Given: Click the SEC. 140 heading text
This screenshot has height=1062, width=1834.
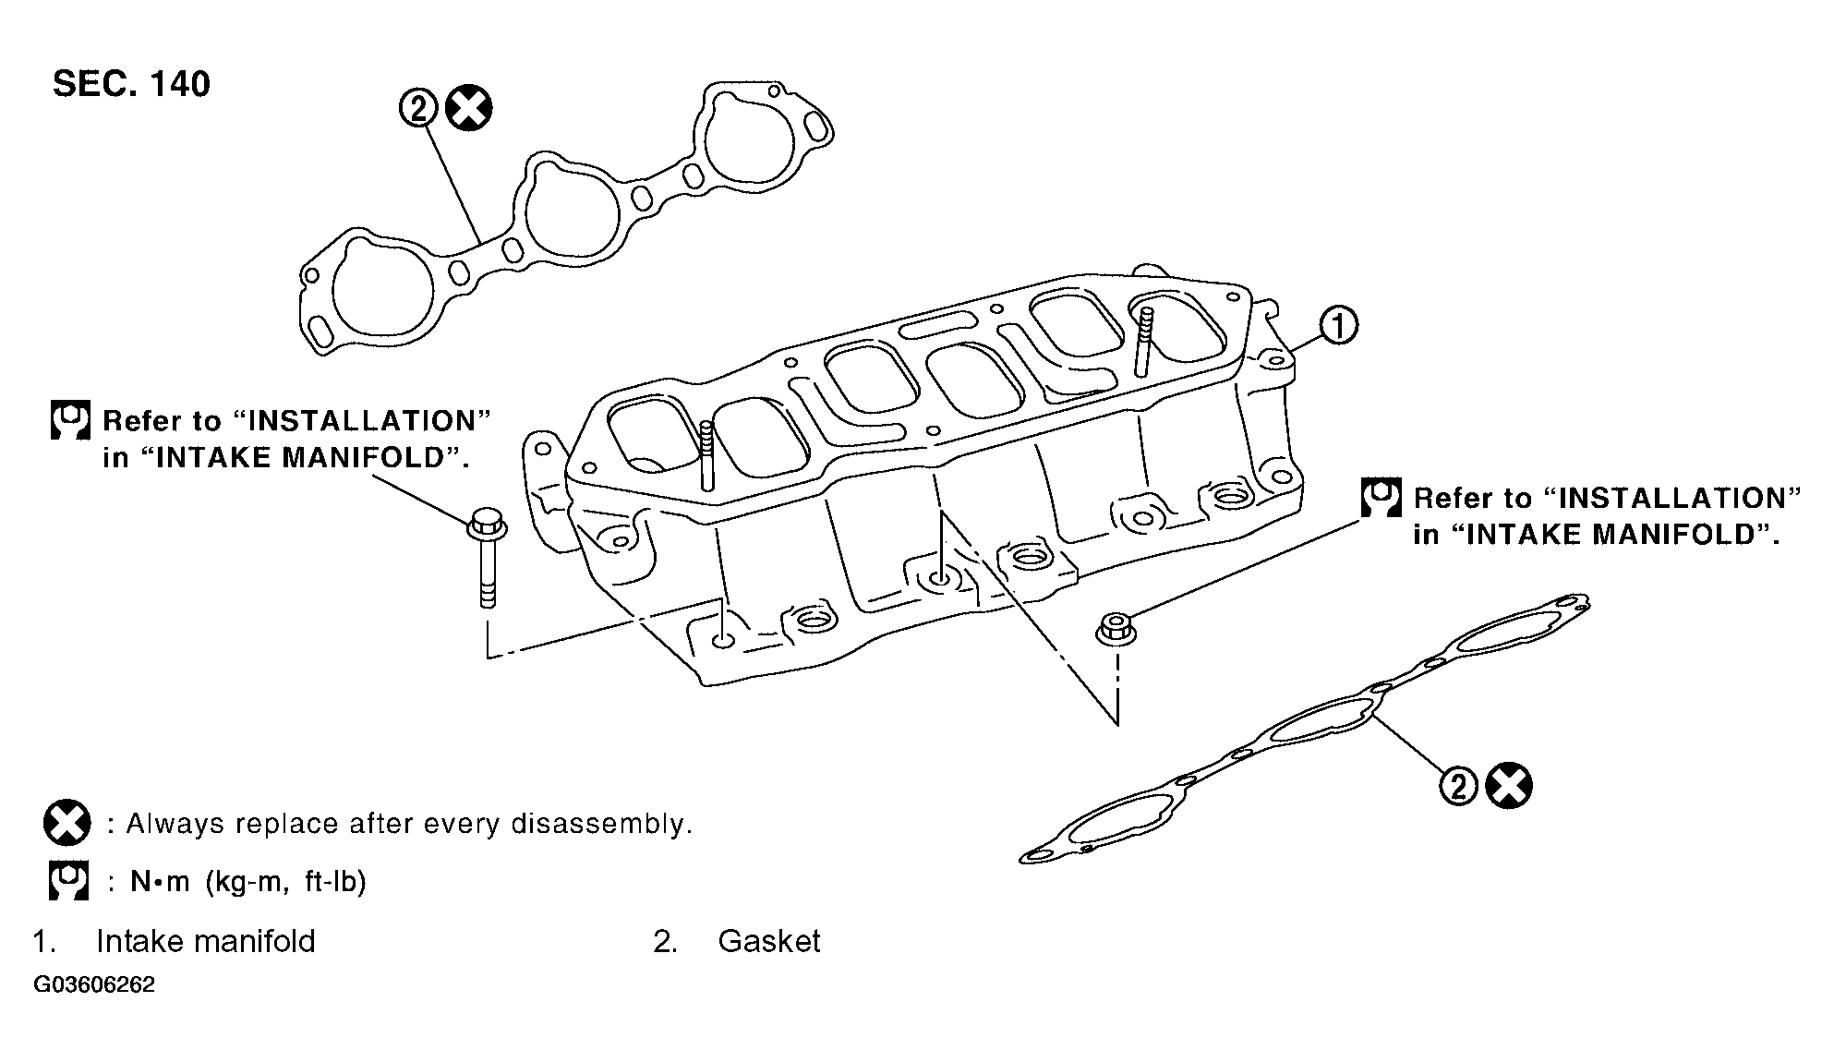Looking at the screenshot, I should (131, 84).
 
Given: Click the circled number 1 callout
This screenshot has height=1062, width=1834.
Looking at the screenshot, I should (1338, 326).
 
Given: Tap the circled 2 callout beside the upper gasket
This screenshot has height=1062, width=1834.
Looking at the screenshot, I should (417, 109).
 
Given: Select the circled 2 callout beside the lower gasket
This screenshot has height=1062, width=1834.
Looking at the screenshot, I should (1458, 787).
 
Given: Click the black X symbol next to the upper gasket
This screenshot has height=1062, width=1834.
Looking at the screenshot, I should (468, 109).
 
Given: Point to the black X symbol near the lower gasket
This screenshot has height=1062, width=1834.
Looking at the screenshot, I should (1509, 787).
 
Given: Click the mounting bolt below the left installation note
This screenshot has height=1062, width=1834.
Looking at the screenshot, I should (487, 559).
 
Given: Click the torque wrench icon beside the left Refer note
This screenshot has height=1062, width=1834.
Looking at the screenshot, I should (69, 420).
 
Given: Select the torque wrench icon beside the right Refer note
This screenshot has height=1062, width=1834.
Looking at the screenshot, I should (1381, 498).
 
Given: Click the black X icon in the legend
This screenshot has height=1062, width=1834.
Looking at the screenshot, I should (66, 823).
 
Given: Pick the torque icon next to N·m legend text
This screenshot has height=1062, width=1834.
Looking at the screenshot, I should (68, 881).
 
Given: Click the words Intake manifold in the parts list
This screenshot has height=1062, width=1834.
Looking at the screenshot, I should (205, 941).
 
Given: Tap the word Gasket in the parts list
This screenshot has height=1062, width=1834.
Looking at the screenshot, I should (768, 941).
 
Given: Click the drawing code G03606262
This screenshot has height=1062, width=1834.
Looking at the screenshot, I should (94, 984).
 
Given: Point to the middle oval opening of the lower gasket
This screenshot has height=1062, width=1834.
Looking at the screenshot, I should (1319, 721).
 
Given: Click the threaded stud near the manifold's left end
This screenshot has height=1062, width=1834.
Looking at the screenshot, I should (706, 454).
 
